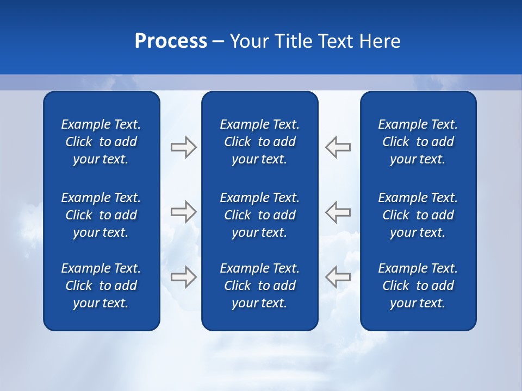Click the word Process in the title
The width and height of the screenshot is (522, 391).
pyautogui.click(x=171, y=41)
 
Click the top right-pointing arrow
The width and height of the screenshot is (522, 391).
pyautogui.click(x=183, y=147)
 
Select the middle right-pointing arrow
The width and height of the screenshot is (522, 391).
pyautogui.click(x=183, y=211)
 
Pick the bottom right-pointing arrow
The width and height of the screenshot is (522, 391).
pyautogui.click(x=183, y=276)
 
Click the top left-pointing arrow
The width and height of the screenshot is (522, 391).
pyautogui.click(x=338, y=147)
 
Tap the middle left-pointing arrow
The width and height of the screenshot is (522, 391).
pyautogui.click(x=338, y=211)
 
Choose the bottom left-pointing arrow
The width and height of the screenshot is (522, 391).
pyautogui.click(x=338, y=276)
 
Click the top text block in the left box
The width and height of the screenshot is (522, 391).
pyautogui.click(x=101, y=142)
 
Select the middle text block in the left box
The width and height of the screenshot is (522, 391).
pyautogui.click(x=101, y=215)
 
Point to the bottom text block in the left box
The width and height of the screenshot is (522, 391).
pyautogui.click(x=101, y=286)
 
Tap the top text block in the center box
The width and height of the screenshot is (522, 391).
pyautogui.click(x=259, y=142)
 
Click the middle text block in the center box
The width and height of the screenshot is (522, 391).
pyautogui.click(x=259, y=215)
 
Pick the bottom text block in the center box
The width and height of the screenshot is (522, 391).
pyautogui.click(x=259, y=286)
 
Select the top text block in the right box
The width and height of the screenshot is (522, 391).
pyautogui.click(x=418, y=142)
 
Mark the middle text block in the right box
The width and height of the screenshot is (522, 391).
pyautogui.click(x=418, y=215)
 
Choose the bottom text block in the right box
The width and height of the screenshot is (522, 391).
pyautogui.click(x=418, y=286)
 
